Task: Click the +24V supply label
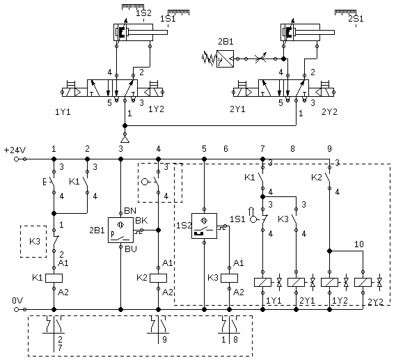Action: pyautogui.click(x=15, y=150)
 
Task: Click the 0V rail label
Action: pyautogui.click(x=17, y=300)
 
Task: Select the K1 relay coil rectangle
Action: pyautogui.click(x=54, y=278)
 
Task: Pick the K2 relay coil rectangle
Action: pyautogui.click(x=158, y=278)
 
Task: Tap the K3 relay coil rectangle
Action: pyautogui.click(x=229, y=278)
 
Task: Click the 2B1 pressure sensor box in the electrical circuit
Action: pyautogui.click(x=121, y=230)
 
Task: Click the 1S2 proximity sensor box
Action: pyautogui.click(x=205, y=226)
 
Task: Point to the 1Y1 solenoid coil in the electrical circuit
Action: pyautogui.click(x=262, y=282)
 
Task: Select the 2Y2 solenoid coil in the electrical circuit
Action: pyautogui.click(x=363, y=282)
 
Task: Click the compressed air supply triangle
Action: pyautogui.click(x=125, y=139)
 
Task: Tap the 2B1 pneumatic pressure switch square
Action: pyautogui.click(x=225, y=59)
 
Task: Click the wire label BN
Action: pyautogui.click(x=130, y=211)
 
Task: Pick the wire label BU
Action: pyautogui.click(x=131, y=249)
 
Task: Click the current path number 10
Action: pyautogui.click(x=359, y=244)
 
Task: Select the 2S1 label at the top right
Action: pyautogui.click(x=356, y=19)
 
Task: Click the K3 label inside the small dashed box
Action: pyautogui.click(x=35, y=242)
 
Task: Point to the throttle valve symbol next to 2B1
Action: pyautogui.click(x=260, y=59)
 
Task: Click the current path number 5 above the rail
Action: pyautogui.click(x=204, y=148)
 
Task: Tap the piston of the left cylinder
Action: pyautogui.click(x=122, y=33)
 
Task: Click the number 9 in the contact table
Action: pyautogui.click(x=165, y=339)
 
